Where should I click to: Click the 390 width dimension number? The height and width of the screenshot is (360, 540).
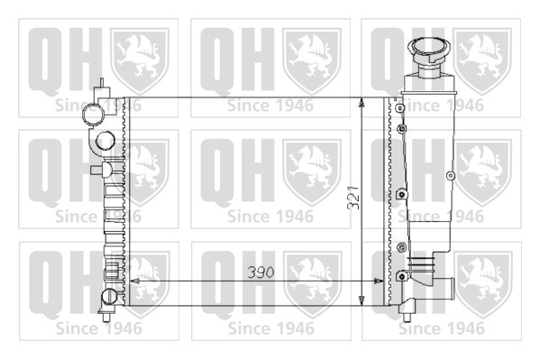point(261,272)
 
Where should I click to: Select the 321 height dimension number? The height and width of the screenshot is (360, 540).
point(353,198)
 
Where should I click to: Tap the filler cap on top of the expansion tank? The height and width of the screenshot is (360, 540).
point(429,51)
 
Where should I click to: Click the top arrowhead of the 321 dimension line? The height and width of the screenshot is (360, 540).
point(362,103)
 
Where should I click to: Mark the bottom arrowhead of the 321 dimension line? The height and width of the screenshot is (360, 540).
point(362,300)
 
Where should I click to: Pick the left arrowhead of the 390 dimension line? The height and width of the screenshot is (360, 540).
point(134,281)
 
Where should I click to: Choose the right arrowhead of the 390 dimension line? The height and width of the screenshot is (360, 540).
point(379,281)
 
